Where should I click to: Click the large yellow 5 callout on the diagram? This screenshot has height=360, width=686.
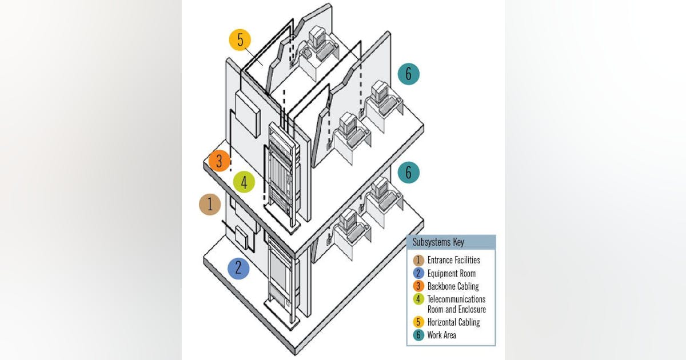click(240, 41)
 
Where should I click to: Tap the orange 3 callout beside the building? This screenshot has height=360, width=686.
click(219, 161)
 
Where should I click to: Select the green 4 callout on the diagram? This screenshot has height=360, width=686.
click(244, 182)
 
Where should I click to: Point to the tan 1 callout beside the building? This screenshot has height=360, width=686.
click(210, 204)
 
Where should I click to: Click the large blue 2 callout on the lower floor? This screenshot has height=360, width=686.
click(238, 267)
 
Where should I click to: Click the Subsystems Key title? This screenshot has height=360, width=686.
click(438, 242)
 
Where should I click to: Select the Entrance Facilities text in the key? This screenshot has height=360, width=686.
click(453, 260)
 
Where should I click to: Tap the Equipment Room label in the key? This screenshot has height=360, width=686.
click(451, 273)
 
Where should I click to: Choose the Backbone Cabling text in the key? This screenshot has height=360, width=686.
click(453, 286)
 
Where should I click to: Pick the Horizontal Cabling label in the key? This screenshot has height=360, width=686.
click(453, 322)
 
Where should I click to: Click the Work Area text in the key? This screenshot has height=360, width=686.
click(442, 335)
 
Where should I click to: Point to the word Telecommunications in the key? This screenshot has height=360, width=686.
click(456, 299)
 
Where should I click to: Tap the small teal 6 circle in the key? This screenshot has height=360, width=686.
click(419, 335)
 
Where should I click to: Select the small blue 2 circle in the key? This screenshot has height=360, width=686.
click(419, 273)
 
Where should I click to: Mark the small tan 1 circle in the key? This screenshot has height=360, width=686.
click(419, 260)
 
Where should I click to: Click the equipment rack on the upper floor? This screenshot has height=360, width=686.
click(282, 171)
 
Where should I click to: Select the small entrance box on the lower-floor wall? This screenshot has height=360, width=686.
click(242, 237)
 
